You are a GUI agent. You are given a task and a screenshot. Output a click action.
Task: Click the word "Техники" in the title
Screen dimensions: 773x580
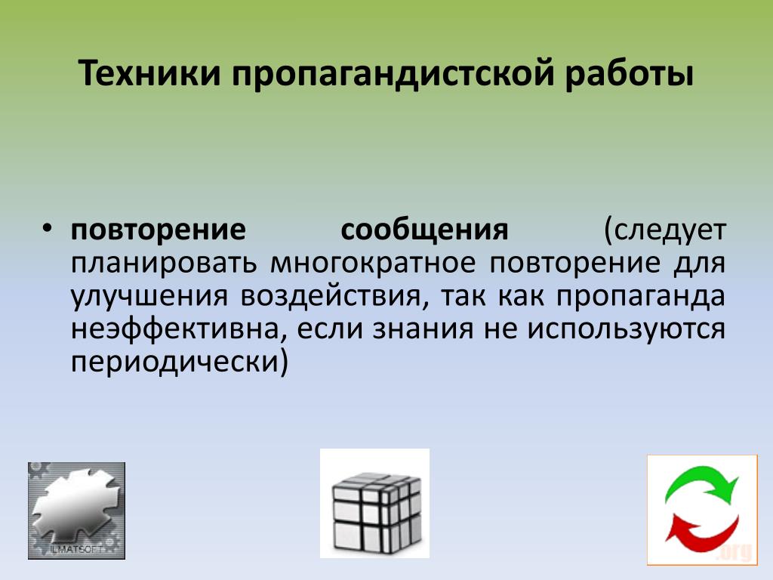(x=149, y=73)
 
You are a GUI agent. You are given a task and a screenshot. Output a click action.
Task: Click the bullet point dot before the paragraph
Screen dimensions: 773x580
(x=47, y=228)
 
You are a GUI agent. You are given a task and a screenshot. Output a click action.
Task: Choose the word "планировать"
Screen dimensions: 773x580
(x=164, y=264)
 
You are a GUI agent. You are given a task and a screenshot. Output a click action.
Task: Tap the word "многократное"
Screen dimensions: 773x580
(x=373, y=264)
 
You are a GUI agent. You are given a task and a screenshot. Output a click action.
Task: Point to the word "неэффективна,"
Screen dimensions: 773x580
(x=179, y=329)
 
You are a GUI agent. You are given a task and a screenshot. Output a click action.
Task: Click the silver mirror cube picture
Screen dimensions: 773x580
(x=375, y=504)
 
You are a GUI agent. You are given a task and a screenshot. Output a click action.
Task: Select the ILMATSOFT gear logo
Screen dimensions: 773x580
(x=76, y=511)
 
